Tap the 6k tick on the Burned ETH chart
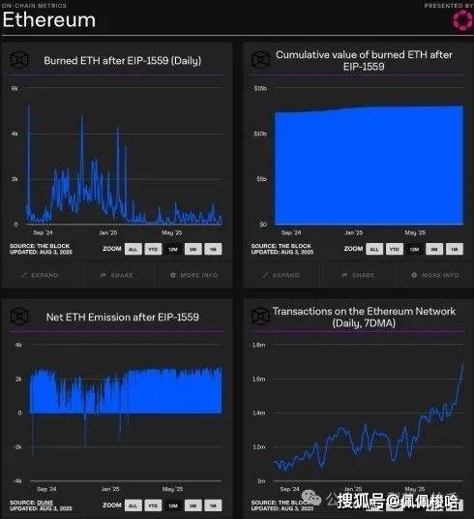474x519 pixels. pos(15,88)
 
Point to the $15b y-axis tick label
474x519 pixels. pos(260,88)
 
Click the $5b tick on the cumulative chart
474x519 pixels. pos(261,179)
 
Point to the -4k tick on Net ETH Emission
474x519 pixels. pos(15,480)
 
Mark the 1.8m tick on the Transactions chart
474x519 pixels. pos(259,345)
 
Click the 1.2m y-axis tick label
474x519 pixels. pos(259,446)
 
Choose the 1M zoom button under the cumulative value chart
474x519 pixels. pos(455,249)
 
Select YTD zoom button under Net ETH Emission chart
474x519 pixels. pos(153,504)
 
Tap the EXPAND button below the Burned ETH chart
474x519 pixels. pos(40,275)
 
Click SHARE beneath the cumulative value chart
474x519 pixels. pos(359,275)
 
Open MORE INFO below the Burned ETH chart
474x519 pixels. pos(193,275)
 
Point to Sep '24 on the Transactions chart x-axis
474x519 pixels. pos(289,490)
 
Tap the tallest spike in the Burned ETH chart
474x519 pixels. pos(28,106)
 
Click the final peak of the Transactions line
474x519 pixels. pos(461,364)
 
